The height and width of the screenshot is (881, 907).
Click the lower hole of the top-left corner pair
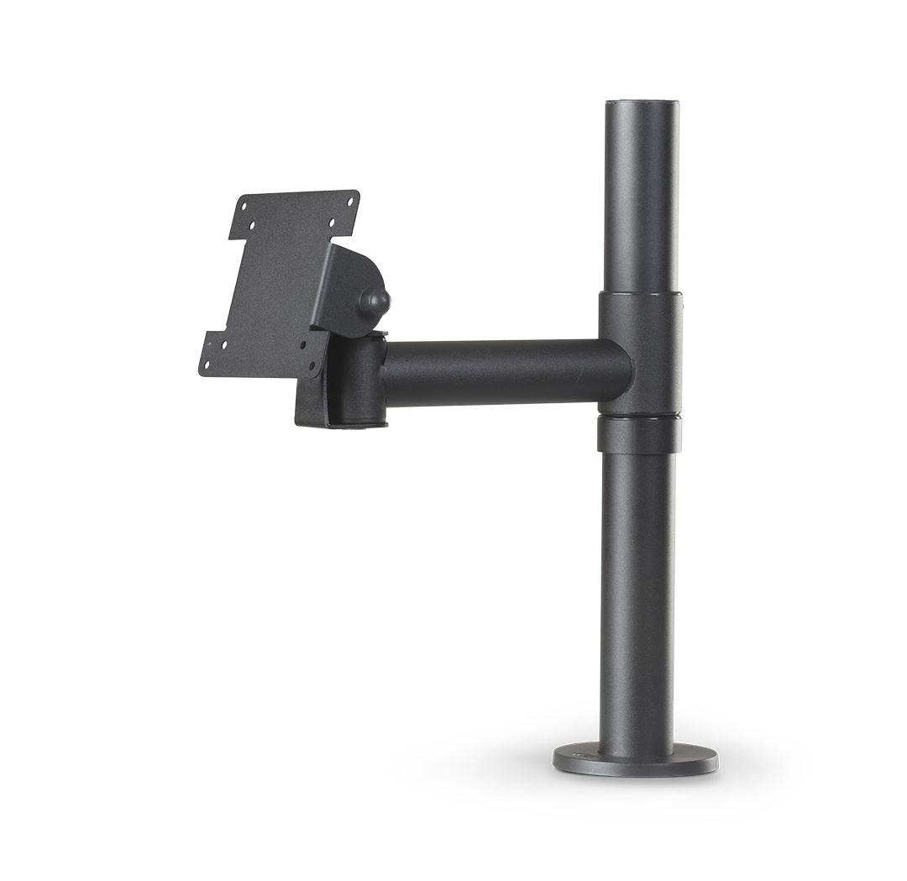point(249,225)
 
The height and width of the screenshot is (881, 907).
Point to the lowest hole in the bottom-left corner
point(206,364)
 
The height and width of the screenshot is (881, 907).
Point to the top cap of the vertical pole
point(642,104)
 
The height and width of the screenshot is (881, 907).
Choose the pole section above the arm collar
point(641,202)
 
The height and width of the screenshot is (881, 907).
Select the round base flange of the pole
point(635,760)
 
